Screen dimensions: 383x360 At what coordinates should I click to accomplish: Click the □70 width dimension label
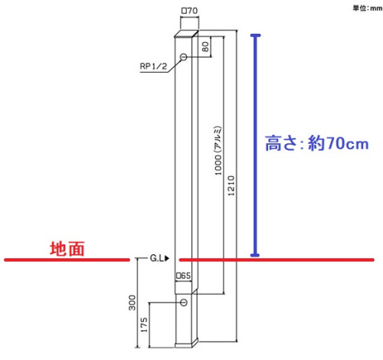(x=189, y=11)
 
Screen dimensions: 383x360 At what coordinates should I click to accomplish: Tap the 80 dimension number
(x=205, y=47)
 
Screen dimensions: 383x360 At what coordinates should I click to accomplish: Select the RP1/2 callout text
(x=153, y=67)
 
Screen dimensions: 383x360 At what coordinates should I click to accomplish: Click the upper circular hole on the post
(x=183, y=57)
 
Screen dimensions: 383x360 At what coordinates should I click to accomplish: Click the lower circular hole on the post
(x=184, y=303)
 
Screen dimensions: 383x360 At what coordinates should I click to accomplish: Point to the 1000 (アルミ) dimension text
(x=218, y=151)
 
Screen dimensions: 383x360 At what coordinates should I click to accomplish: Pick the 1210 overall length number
(x=231, y=185)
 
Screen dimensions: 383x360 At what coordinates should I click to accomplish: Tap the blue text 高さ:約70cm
(x=316, y=143)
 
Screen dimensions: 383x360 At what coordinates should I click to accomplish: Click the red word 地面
(x=67, y=249)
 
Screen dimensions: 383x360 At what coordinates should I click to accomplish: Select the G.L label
(x=157, y=258)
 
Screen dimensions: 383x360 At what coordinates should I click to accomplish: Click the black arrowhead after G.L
(x=167, y=258)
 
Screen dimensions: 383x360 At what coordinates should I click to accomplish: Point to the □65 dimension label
(x=184, y=276)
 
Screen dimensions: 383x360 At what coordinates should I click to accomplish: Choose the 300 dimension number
(x=132, y=303)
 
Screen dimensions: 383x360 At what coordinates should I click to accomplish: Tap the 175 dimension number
(x=144, y=325)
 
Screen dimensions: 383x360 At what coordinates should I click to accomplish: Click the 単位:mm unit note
(x=368, y=8)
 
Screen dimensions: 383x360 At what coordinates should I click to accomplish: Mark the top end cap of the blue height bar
(x=255, y=35)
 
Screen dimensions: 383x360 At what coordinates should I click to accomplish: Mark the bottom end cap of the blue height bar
(x=255, y=255)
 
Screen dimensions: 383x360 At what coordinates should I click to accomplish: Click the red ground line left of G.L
(x=67, y=260)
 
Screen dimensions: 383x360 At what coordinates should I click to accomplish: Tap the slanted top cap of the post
(x=186, y=34)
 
